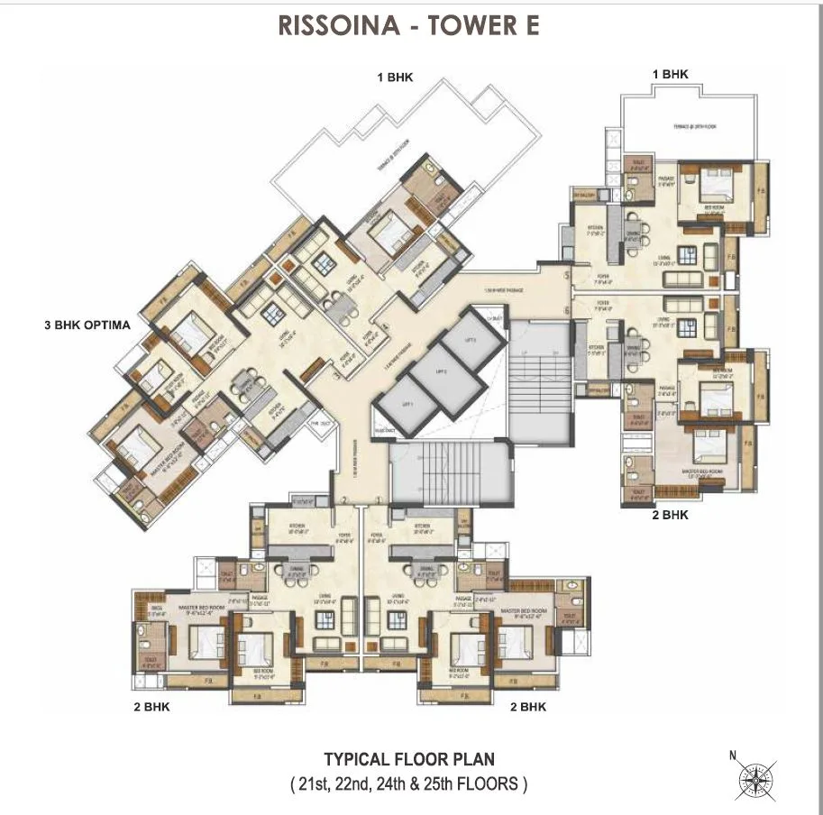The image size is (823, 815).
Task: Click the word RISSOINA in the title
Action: pos(338,25)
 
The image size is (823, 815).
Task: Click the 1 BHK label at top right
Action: pos(670,74)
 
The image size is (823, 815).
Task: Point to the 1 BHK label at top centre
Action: pos(395,78)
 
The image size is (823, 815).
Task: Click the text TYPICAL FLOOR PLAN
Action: pos(408,760)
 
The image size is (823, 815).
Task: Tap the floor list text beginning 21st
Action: pos(408,783)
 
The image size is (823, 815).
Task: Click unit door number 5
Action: pos(567,275)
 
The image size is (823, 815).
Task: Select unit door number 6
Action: pos(567,311)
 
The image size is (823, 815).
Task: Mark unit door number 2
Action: pos(344,499)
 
